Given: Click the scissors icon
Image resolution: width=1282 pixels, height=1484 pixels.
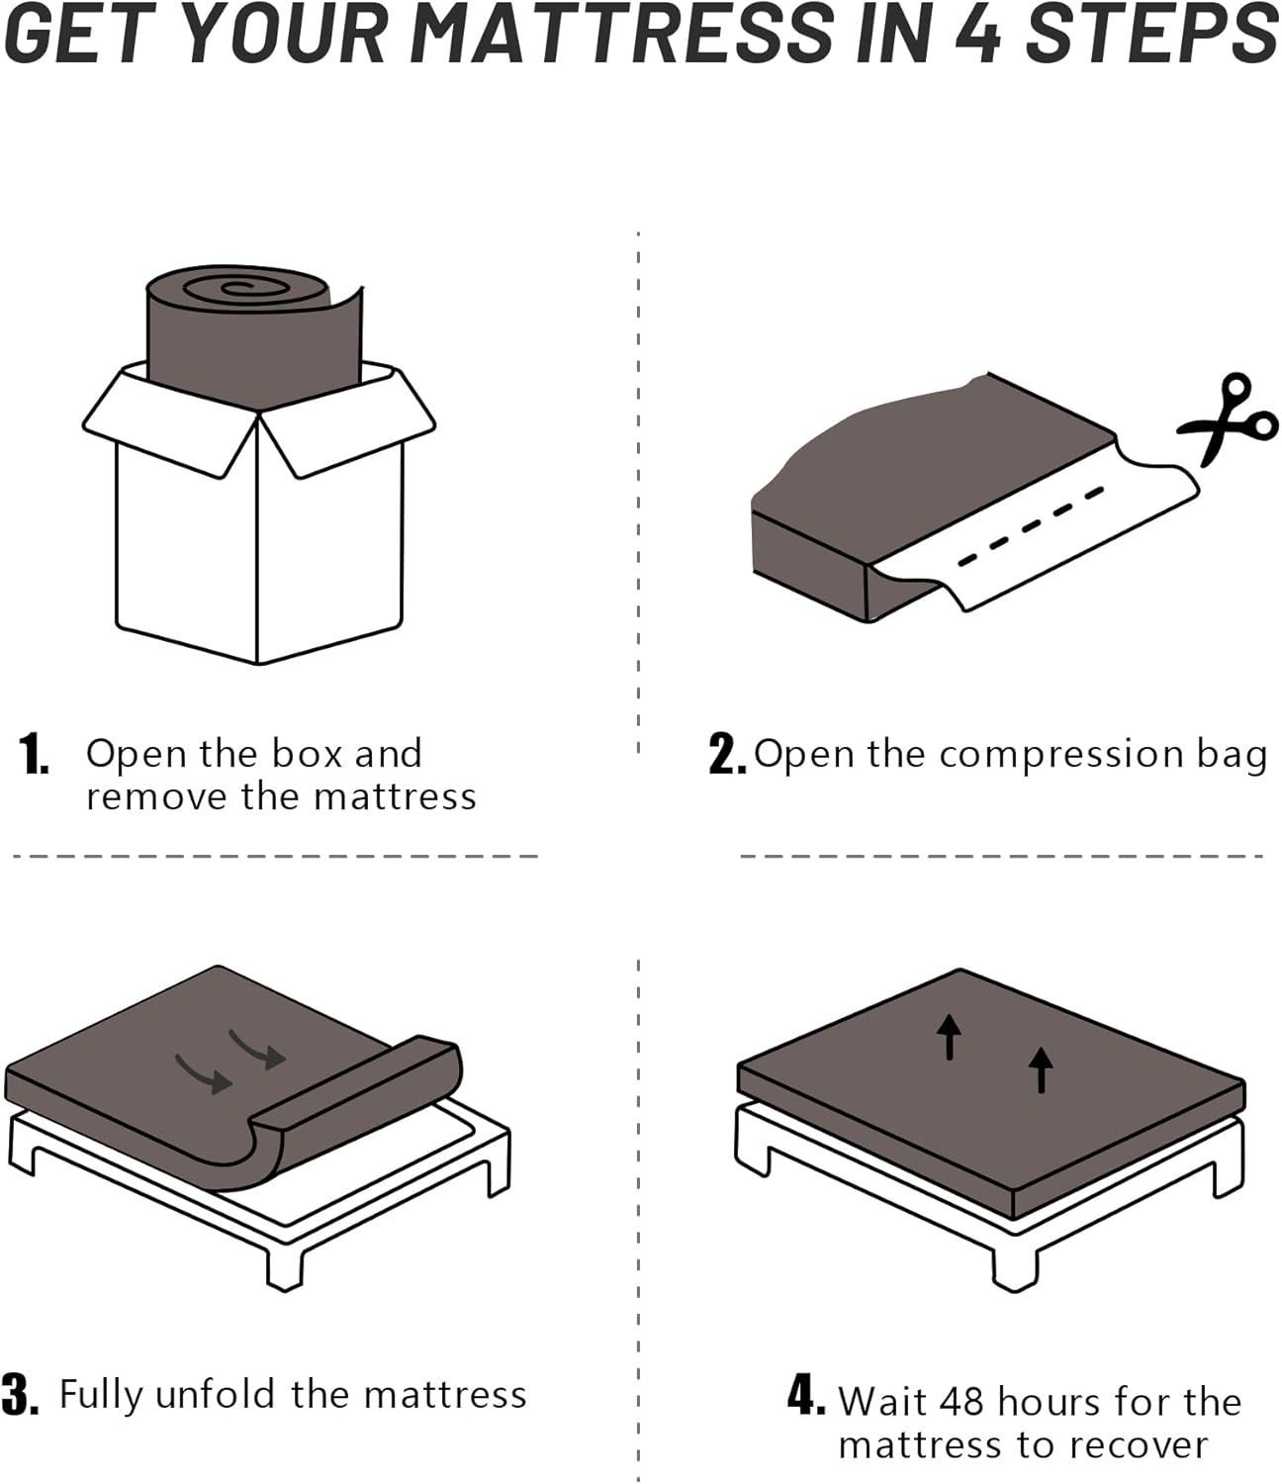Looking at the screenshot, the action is [1228, 420].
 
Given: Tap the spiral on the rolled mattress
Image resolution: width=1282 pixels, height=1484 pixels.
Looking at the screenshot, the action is [237, 288].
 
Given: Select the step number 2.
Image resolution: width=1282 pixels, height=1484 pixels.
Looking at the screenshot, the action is [726, 755].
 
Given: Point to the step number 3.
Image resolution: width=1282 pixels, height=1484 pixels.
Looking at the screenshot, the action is [20, 1395].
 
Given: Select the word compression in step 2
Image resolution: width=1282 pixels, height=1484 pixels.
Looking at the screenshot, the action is [1061, 756].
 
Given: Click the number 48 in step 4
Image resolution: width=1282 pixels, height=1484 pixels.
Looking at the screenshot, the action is [963, 1402].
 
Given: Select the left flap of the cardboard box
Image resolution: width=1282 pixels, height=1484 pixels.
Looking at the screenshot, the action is [168, 420].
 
